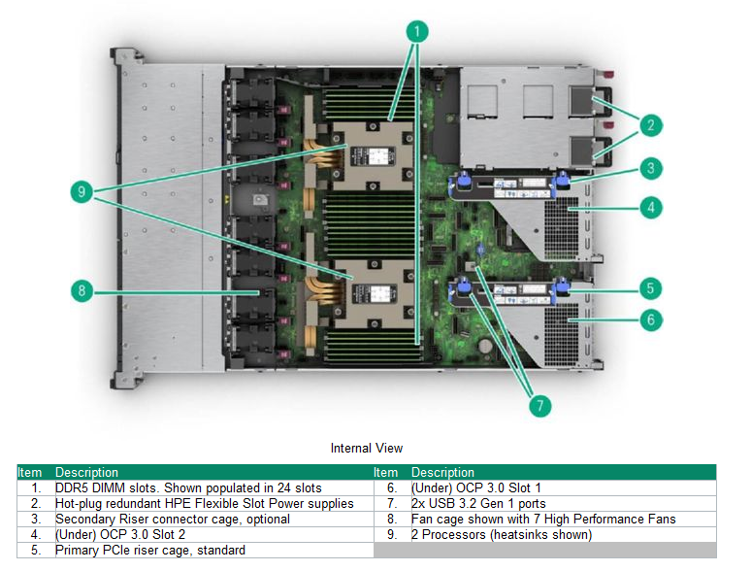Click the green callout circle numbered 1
tap(416, 32)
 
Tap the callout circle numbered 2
tap(651, 124)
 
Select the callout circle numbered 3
tap(651, 168)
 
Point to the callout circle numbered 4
tap(651, 207)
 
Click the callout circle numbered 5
tap(651, 287)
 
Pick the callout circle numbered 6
tap(651, 319)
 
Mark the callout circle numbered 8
tap(84, 290)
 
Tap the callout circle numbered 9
tap(84, 192)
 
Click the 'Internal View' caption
tap(367, 448)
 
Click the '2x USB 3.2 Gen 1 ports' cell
tap(478, 503)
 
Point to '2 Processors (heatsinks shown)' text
tap(501, 534)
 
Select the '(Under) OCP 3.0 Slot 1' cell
tap(475, 487)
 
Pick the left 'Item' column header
tap(30, 472)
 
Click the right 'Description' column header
tap(442, 472)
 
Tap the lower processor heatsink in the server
tap(369, 288)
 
